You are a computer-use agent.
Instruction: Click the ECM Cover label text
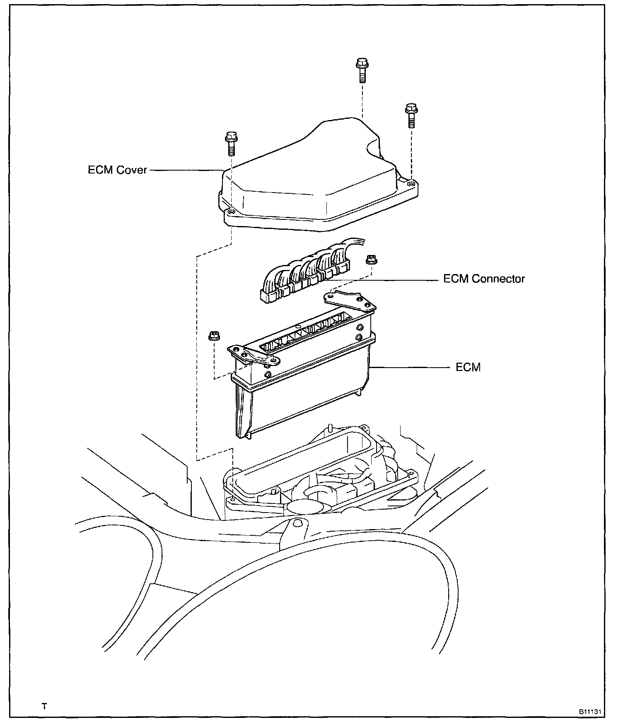[117, 170]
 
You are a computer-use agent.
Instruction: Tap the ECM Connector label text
[484, 279]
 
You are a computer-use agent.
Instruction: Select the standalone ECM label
[468, 367]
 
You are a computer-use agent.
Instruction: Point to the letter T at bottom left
[44, 706]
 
